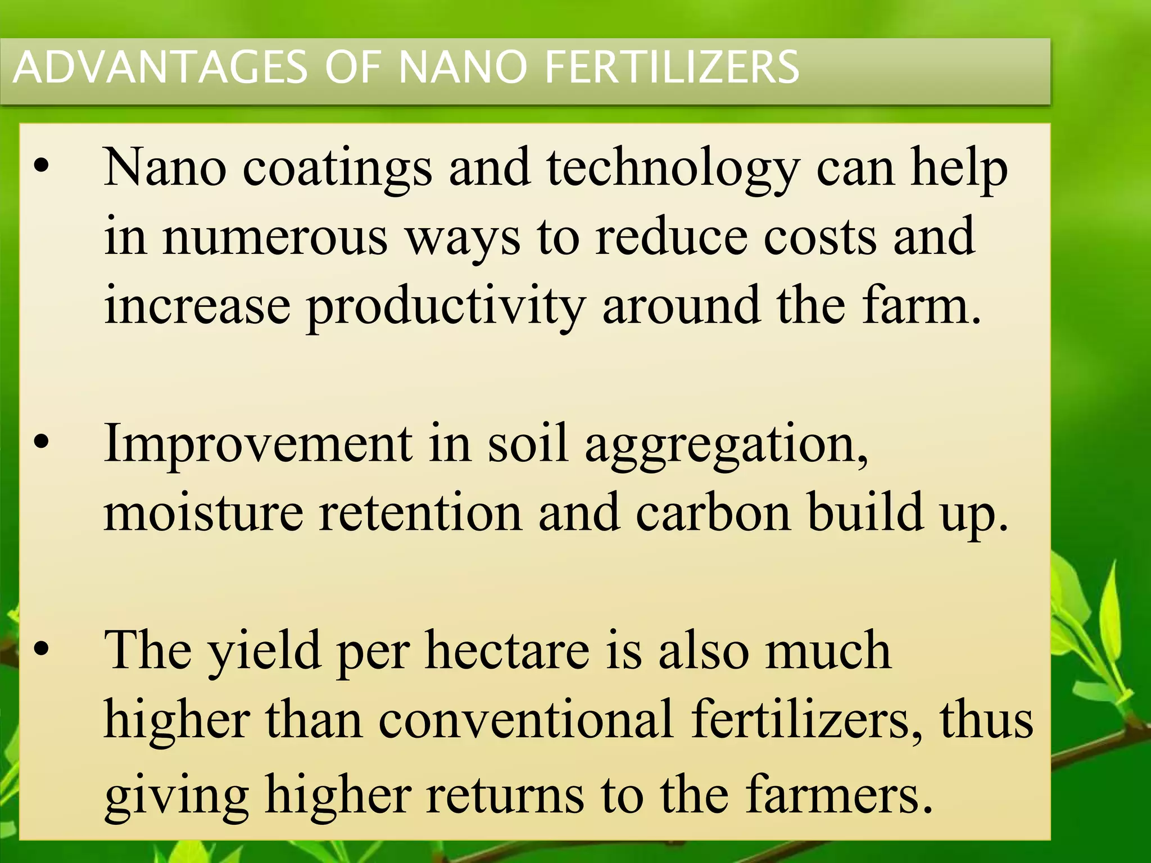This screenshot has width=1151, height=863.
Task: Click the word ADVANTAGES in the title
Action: pyautogui.click(x=161, y=67)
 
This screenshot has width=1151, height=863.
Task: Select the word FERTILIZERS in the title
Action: pyautogui.click(x=672, y=67)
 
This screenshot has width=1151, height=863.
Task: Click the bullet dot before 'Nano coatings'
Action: pyautogui.click(x=41, y=166)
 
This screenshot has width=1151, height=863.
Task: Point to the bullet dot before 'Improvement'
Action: pyautogui.click(x=41, y=442)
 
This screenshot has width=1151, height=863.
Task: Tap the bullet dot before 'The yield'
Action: pyautogui.click(x=41, y=649)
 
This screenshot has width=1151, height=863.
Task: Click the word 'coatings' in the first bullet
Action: pyautogui.click(x=337, y=169)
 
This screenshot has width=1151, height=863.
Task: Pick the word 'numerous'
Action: pyautogui.click(x=275, y=237)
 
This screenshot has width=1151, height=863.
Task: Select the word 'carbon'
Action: pyautogui.click(x=713, y=512)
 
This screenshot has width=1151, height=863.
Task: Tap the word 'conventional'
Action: pyautogui.click(x=526, y=720)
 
